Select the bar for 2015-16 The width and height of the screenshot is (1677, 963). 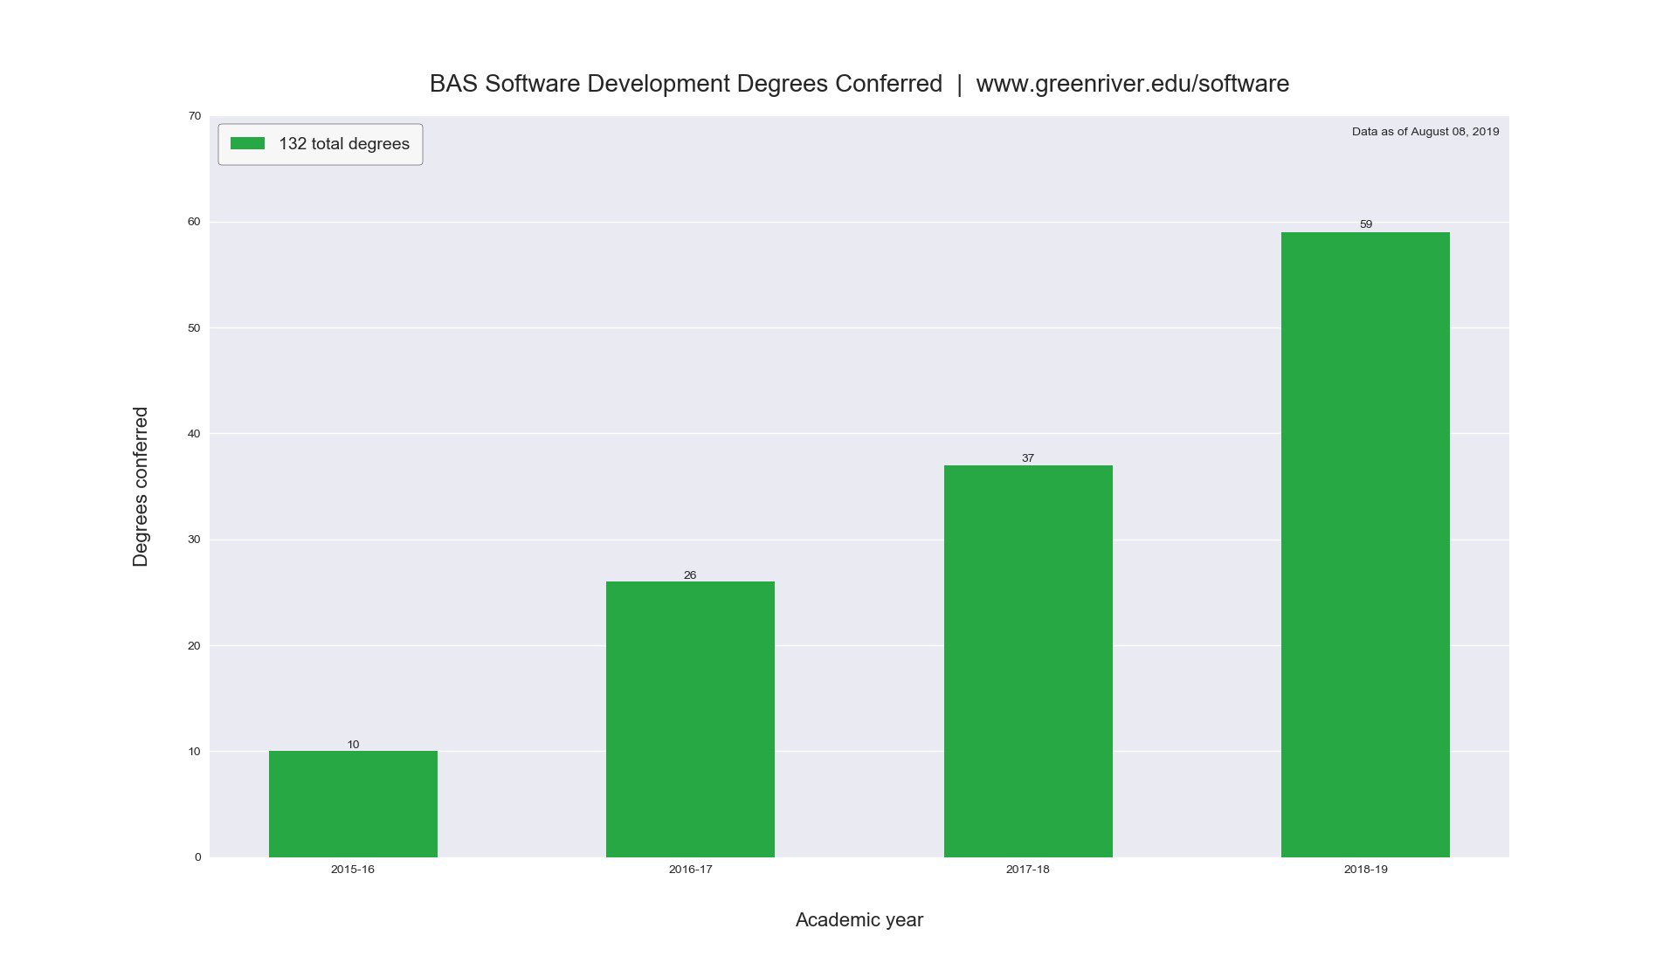click(x=353, y=803)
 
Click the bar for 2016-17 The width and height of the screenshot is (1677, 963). click(x=690, y=719)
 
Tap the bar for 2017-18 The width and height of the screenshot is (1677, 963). click(x=1028, y=661)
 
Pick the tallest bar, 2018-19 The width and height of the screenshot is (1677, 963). click(x=1365, y=544)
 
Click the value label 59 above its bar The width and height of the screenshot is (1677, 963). click(x=1366, y=224)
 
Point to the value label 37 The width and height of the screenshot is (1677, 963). click(x=1028, y=458)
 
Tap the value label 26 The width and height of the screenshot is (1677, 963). click(x=690, y=575)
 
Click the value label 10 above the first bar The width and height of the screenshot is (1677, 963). click(x=353, y=745)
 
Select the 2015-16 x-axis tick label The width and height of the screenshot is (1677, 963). click(x=353, y=870)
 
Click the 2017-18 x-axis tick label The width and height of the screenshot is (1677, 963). click(x=1028, y=870)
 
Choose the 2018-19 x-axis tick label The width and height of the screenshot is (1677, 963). click(x=1365, y=870)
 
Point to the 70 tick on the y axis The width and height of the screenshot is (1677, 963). click(x=194, y=116)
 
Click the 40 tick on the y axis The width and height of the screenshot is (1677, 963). click(x=194, y=434)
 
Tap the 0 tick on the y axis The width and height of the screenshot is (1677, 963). click(x=197, y=857)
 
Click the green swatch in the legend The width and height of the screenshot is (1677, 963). click(x=247, y=143)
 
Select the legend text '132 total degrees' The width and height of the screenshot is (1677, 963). click(x=344, y=144)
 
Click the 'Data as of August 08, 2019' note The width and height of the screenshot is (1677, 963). click(x=1425, y=132)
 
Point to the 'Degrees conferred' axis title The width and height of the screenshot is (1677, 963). click(x=141, y=486)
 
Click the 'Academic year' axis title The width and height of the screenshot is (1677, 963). click(x=859, y=920)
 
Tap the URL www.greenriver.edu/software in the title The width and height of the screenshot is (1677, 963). click(x=1132, y=84)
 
